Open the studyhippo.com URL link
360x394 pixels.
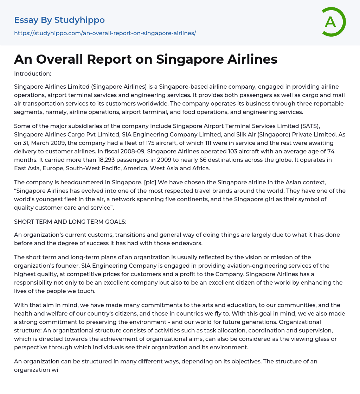105,33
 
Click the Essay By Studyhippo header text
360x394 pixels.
59,20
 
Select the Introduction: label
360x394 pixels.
33,74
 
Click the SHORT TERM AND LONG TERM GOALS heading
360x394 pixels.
70,222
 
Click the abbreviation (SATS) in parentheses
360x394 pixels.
329,126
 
